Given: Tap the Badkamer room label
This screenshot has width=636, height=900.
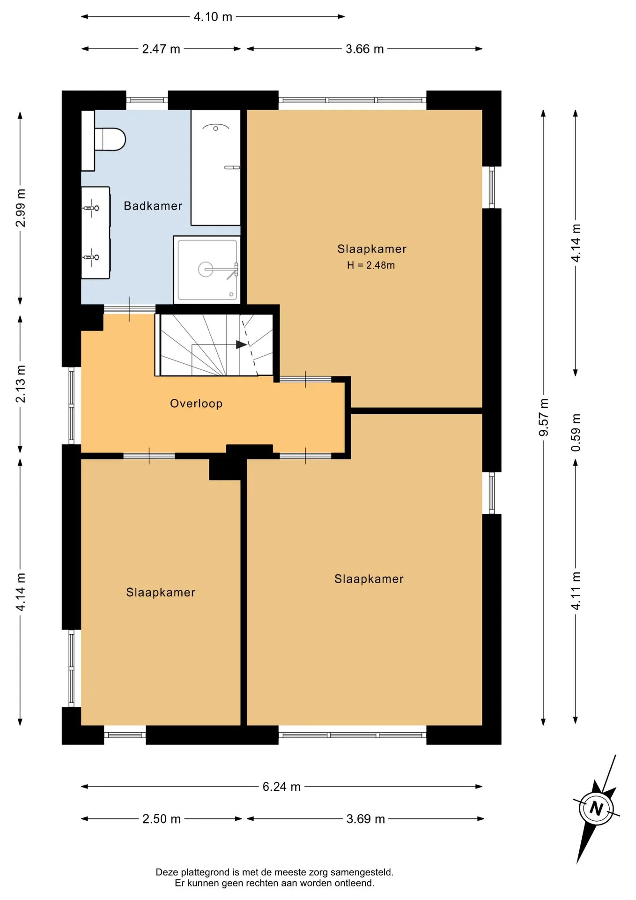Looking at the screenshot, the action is coord(153,206).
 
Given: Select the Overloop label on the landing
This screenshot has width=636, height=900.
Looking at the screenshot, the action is coord(196,404).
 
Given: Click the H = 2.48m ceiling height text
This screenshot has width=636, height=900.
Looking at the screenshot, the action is coord(371,265).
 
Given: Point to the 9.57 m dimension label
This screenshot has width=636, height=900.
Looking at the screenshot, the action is coord(543,418).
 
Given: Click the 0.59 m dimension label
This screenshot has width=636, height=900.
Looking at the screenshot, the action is coord(576,433).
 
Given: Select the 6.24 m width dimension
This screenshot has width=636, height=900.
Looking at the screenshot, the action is coord(281,787).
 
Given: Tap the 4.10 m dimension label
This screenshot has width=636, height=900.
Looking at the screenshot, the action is coord(213,17).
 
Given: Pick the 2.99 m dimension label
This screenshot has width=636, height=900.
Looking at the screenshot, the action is coord(21,208).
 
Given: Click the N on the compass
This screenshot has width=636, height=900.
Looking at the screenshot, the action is coord(596,808).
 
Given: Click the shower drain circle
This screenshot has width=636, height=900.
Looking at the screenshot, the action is coord(206,269).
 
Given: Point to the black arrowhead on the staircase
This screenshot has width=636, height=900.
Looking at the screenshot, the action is coord(242,345).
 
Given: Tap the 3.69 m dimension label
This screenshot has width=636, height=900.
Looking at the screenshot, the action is coord(365,819).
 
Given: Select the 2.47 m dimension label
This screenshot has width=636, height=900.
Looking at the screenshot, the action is coord(161,49).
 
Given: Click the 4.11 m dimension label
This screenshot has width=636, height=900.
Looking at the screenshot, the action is coord(576,591).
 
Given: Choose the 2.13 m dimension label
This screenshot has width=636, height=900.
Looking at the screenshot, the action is coord(21,384).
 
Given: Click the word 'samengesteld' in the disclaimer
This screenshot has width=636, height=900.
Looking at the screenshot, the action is coord(362,872).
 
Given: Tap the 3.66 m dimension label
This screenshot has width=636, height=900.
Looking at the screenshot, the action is coord(364,49).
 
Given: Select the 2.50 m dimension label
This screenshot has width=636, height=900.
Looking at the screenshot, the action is coord(161,819).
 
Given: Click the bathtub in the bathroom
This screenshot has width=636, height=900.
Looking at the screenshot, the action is coord(215,167).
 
